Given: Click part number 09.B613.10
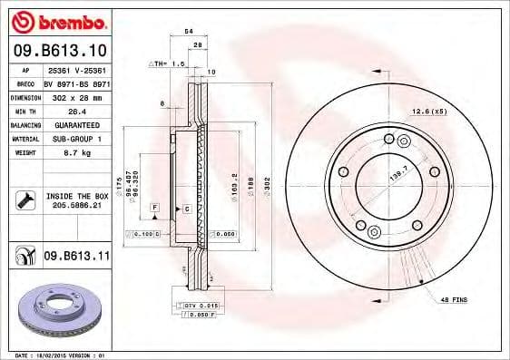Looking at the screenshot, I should coord(58,50).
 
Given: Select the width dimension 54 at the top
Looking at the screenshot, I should coord(188,31).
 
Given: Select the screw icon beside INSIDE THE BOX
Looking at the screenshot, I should coord(26,199).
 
